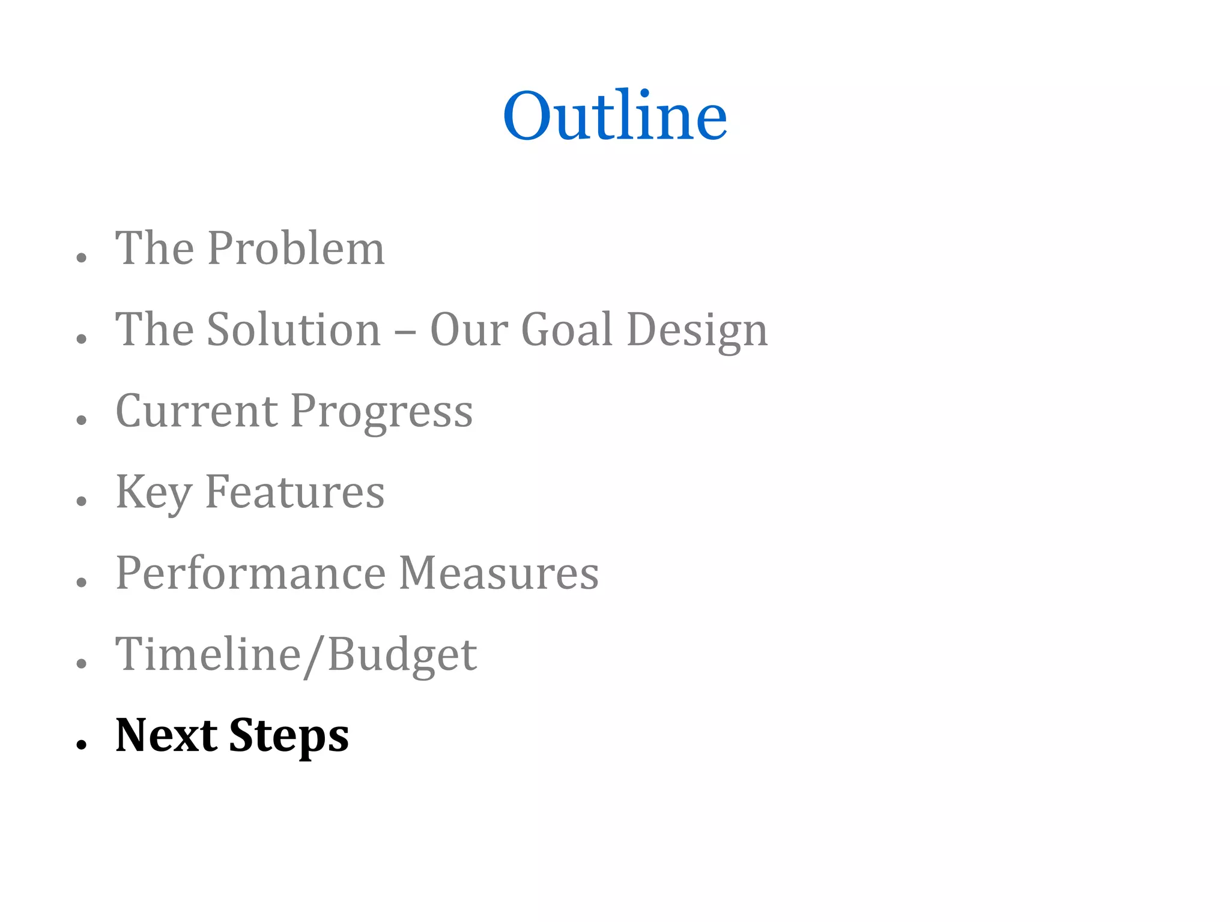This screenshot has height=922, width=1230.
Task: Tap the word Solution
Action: (x=294, y=330)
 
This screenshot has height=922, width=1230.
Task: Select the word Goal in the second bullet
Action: (x=566, y=330)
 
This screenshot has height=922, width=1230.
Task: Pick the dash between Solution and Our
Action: (x=405, y=332)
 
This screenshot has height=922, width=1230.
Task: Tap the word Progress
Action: (x=382, y=413)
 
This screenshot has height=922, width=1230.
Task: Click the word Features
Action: (x=295, y=492)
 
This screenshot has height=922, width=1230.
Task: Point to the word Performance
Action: (x=250, y=573)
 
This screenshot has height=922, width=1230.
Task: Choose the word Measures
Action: (x=498, y=573)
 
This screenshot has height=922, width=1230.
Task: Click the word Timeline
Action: (x=208, y=654)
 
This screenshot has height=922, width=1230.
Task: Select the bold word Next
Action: (x=166, y=735)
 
